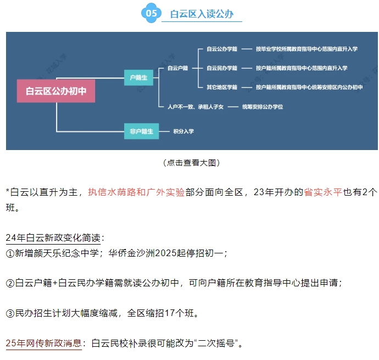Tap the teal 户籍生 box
[138, 77]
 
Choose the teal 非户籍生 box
[141, 131]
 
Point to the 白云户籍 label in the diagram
[178, 68]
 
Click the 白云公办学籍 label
[222, 49]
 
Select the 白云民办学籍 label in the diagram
[222, 68]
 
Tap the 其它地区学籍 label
[222, 87]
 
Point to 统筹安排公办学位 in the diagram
[263, 107]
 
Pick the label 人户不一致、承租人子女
[195, 107]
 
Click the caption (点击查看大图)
[191, 163]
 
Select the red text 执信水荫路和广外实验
[136, 192]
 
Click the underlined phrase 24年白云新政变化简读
[55, 238]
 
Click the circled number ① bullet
[10, 253]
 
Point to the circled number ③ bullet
[10, 313]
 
